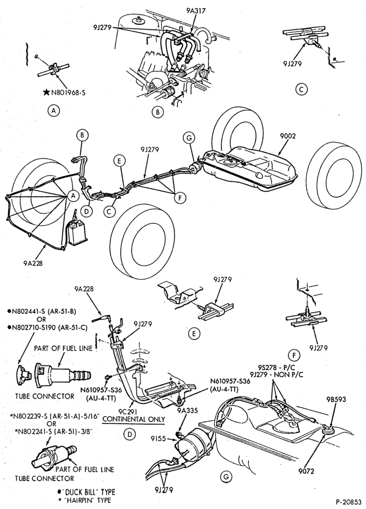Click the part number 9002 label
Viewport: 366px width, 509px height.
point(287,136)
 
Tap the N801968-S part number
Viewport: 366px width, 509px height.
point(68,93)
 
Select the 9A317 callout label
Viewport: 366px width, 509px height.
point(196,11)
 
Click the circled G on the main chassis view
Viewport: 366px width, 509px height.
point(189,138)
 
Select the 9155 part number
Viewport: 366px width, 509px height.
point(158,439)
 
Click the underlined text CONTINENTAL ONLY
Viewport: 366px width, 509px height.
point(133,419)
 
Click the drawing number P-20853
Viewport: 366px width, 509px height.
point(348,502)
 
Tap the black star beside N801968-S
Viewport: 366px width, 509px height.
point(46,93)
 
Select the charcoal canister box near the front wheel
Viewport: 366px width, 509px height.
point(76,233)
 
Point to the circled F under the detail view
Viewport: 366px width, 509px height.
point(294,356)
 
